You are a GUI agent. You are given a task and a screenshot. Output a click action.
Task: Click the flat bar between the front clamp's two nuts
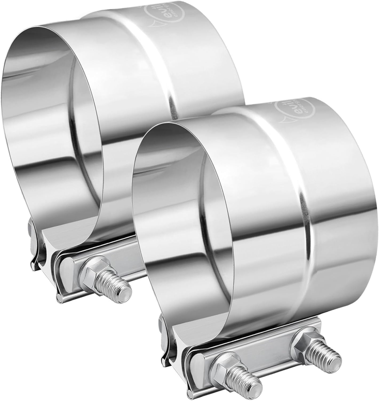pos(267,348)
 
